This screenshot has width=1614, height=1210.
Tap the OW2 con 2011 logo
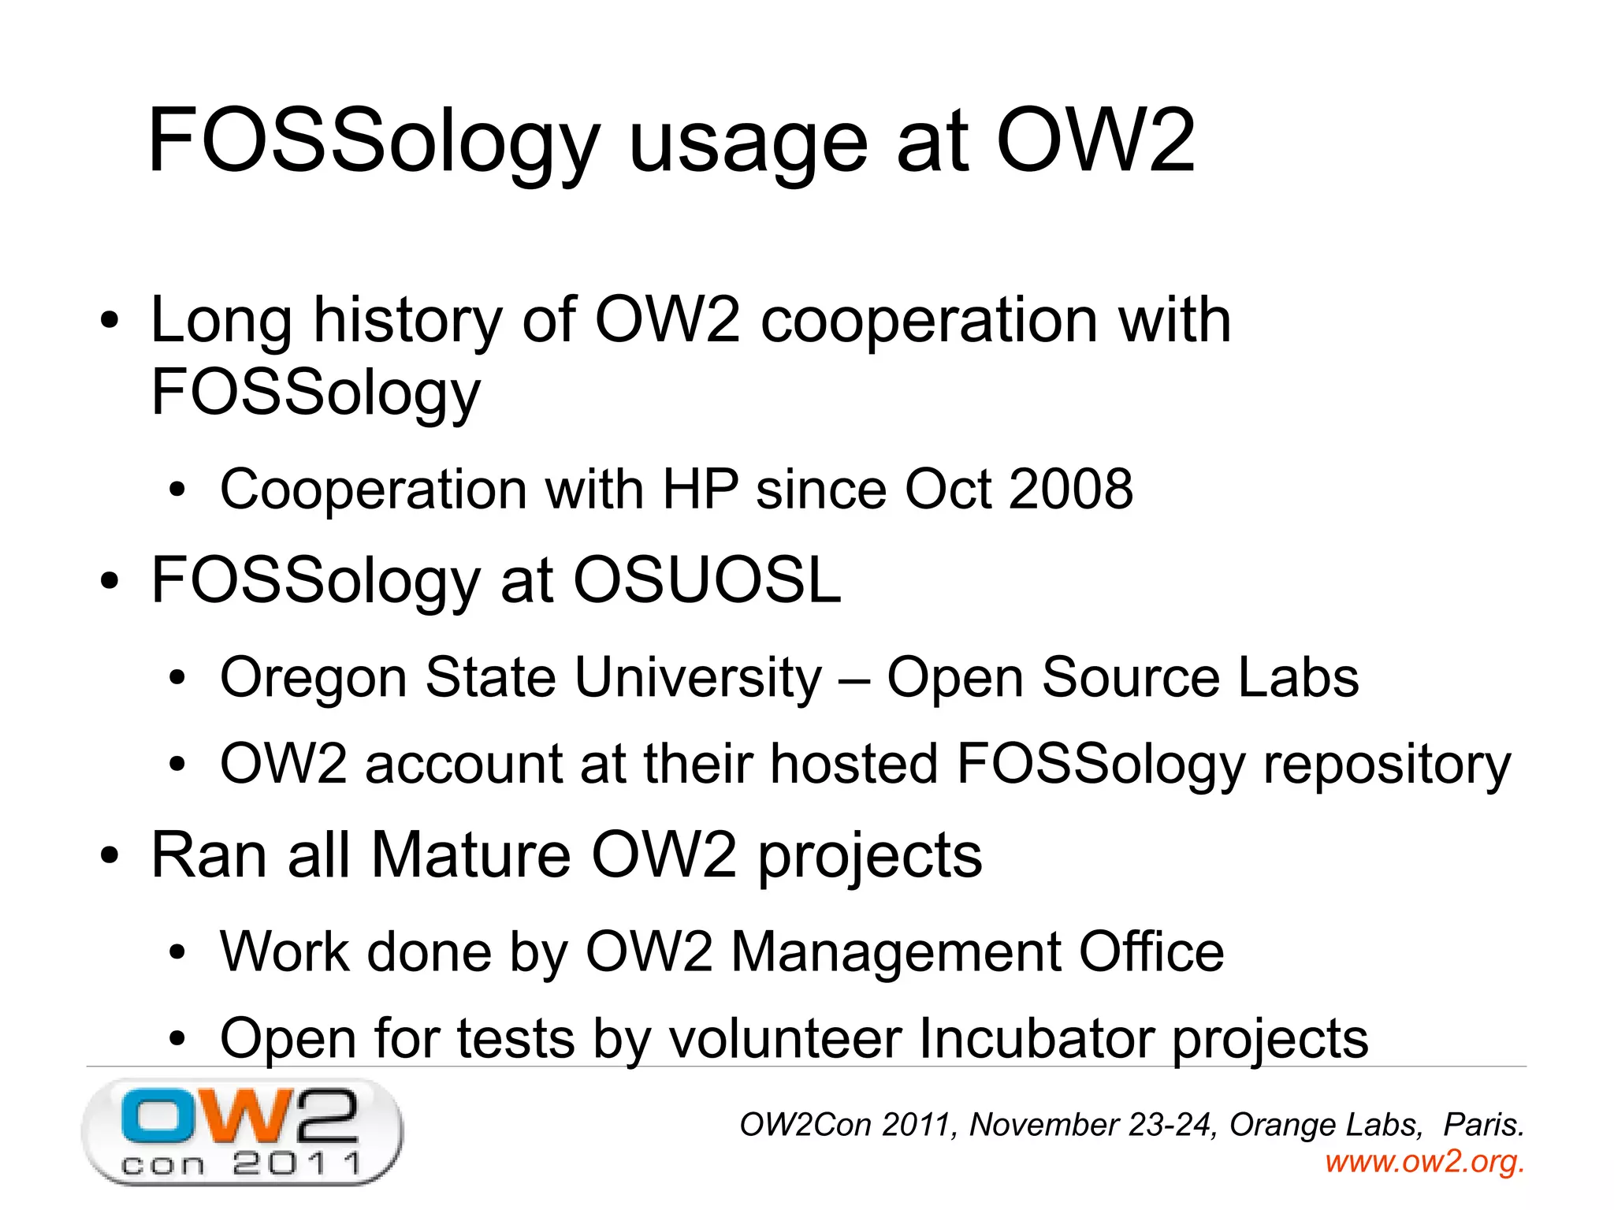click(242, 1131)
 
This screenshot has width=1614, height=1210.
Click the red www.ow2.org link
click(1424, 1161)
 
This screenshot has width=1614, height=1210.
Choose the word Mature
click(470, 855)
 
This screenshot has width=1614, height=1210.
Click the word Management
click(895, 952)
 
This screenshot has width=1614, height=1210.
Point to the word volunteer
click(785, 1038)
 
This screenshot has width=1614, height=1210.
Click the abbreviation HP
click(701, 490)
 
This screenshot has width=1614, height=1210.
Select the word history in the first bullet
click(407, 321)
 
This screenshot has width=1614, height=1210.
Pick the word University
click(697, 678)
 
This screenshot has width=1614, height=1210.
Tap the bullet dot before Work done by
click(177, 953)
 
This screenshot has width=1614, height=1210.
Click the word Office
click(1151, 952)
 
